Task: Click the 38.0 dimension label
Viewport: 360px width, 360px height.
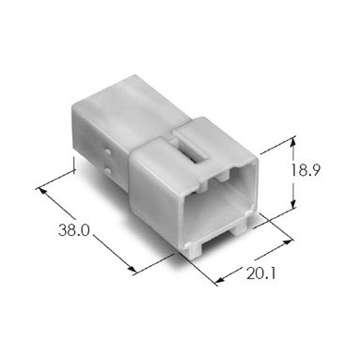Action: tap(74, 230)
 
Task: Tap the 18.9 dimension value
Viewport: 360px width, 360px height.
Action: tap(305, 170)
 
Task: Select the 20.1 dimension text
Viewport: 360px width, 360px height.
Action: tap(261, 274)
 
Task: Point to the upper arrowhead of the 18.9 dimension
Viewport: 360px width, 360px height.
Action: tap(293, 143)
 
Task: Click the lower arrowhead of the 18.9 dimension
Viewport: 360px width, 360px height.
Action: tap(293, 204)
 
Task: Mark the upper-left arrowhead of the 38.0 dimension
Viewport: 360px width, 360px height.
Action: tap(41, 191)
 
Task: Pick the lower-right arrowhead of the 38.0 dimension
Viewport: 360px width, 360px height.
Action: tap(132, 270)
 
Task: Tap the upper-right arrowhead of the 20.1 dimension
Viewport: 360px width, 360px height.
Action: tap(288, 242)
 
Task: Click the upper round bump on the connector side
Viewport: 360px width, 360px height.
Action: tap(108, 153)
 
